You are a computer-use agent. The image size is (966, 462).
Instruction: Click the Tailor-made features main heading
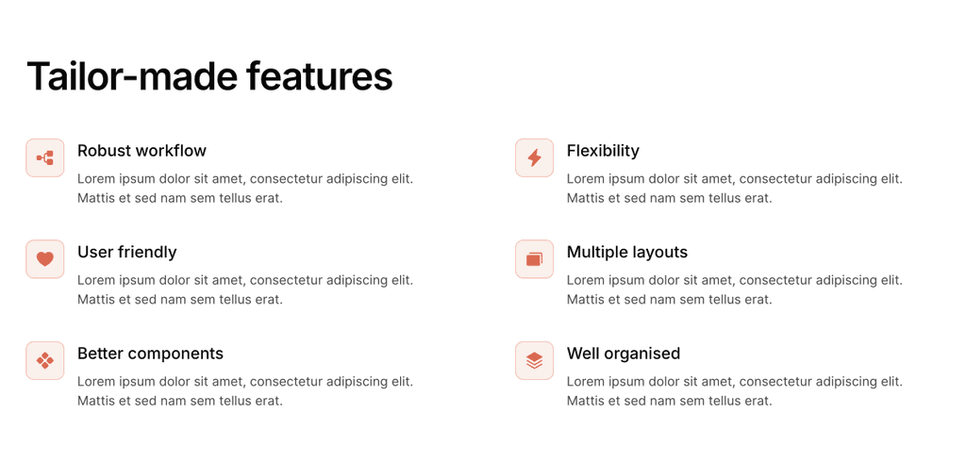(209, 76)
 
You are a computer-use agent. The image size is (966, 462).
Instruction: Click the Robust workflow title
(142, 151)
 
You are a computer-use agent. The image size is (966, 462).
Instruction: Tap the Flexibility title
(603, 151)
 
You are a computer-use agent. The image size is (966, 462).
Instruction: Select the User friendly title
(126, 252)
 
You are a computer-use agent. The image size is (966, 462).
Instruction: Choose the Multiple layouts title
(626, 252)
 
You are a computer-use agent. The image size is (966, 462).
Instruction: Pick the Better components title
(150, 354)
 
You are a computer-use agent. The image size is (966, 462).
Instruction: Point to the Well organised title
(623, 354)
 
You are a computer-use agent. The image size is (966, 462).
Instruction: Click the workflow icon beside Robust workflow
(45, 157)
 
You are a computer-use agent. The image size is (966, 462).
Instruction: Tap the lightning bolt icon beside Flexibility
(534, 157)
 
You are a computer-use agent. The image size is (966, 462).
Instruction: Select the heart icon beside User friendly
(45, 259)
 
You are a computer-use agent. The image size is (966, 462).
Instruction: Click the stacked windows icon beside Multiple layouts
(534, 259)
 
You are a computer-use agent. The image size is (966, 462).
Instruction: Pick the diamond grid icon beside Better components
(45, 360)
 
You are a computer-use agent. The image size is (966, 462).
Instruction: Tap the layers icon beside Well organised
(534, 360)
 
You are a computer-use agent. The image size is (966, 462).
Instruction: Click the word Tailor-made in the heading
(132, 76)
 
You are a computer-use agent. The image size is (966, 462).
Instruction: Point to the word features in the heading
(319, 76)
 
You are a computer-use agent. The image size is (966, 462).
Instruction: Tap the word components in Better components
(175, 354)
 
